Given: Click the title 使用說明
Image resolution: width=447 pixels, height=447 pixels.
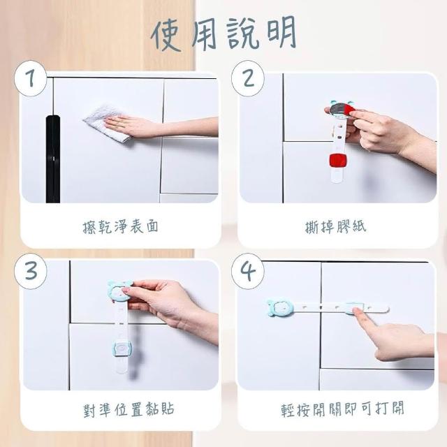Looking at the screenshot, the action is point(224,34).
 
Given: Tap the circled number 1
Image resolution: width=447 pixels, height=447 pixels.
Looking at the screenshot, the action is point(30,78).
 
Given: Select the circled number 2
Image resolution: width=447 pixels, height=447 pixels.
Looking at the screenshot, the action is point(248,78).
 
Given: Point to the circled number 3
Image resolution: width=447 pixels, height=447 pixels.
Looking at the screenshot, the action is point(31,271).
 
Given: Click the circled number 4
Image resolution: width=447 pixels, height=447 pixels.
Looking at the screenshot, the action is point(248,271).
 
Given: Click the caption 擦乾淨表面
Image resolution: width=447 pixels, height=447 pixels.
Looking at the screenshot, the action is point(120,227).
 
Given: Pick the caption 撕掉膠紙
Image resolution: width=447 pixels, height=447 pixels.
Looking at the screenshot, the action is point(335,227).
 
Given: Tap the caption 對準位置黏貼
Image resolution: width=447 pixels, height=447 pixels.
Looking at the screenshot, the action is point(129,409).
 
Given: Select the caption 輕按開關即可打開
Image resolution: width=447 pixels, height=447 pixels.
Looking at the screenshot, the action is point(343,409).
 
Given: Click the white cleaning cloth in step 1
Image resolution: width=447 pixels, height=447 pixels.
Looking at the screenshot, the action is point(108,123).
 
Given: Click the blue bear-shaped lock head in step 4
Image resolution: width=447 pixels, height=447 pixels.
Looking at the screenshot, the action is point(279,308).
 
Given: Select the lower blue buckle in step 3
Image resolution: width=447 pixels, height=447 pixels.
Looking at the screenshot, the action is point(122,349).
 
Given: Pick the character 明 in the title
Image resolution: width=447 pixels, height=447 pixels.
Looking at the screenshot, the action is point(281,32).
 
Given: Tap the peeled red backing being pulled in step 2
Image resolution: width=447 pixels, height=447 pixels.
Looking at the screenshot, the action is point(349,110).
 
